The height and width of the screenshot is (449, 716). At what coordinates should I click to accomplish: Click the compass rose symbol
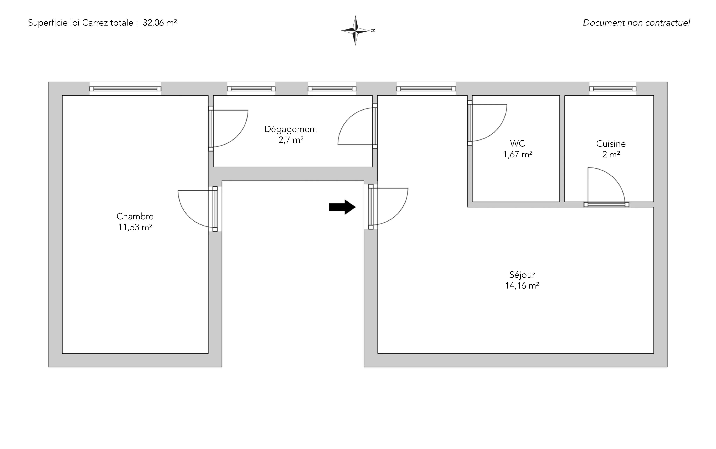[355, 30]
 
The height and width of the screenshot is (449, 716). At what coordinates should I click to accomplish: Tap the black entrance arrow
[342, 207]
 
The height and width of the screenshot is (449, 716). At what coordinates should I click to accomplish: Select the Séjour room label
[522, 275]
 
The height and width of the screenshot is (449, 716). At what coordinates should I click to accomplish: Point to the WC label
[517, 143]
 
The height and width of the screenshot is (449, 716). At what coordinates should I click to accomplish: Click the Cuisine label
[611, 144]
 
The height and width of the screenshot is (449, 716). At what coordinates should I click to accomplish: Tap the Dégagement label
[291, 129]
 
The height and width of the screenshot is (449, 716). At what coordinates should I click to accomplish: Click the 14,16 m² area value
[522, 286]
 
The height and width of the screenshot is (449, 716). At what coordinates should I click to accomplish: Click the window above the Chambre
[125, 89]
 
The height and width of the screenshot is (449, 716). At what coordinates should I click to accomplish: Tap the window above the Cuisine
[613, 89]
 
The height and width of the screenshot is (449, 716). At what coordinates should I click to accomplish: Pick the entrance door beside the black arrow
[371, 207]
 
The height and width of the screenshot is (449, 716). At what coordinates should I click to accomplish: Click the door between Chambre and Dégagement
[211, 129]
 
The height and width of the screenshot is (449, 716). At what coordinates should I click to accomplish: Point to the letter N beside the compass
[373, 30]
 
